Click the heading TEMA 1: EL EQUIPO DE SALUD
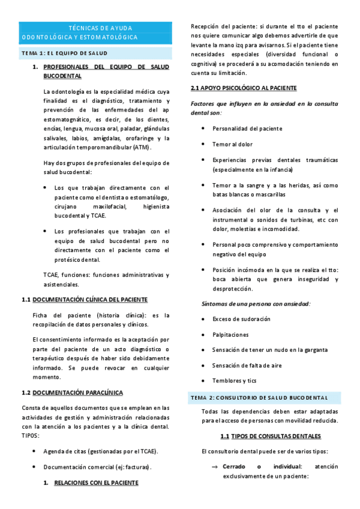click(x=64, y=53)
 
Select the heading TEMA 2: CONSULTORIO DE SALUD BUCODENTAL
click(x=259, y=397)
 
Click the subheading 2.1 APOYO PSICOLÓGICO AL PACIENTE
click(x=239, y=88)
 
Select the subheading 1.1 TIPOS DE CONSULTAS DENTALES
click(x=270, y=436)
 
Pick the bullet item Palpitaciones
click(x=230, y=334)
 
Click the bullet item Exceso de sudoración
click(x=241, y=319)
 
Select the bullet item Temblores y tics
click(x=234, y=381)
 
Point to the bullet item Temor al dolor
click(x=233, y=144)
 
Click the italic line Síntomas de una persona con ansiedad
click(x=256, y=304)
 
